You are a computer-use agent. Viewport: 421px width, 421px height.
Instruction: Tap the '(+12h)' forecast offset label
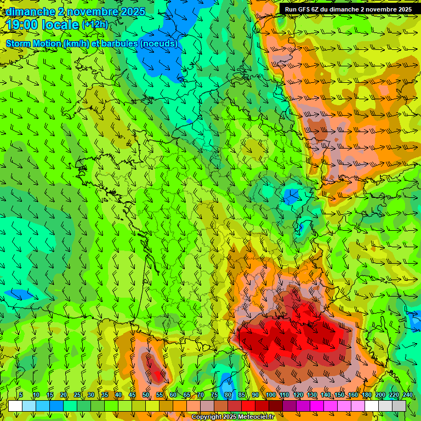click(x=95, y=24)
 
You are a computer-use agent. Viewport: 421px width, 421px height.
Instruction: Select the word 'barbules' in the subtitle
click(x=121, y=43)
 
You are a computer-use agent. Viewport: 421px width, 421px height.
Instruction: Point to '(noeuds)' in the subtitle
click(x=159, y=43)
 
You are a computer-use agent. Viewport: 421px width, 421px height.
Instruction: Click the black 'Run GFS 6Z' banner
click(x=349, y=9)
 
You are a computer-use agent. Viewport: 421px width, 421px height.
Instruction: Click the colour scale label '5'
click(x=20, y=395)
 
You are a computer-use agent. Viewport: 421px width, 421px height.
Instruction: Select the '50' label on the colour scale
click(x=146, y=395)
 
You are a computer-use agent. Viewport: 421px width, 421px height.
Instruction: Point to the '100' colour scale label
click(x=270, y=395)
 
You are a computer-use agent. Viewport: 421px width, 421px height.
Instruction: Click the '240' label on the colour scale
click(x=408, y=395)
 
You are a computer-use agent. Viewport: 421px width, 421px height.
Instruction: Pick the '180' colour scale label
click(x=366, y=395)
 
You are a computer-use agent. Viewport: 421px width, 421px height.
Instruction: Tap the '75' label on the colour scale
click(x=214, y=395)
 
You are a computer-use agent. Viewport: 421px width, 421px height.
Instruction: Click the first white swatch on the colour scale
click(x=15, y=406)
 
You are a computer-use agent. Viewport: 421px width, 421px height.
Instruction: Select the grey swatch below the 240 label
click(x=399, y=406)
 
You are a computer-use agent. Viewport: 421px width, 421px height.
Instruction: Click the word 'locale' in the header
click(x=59, y=25)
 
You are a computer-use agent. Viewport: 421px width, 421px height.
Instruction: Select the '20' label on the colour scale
click(x=64, y=395)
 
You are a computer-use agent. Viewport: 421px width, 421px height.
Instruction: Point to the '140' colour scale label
click(x=325, y=395)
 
